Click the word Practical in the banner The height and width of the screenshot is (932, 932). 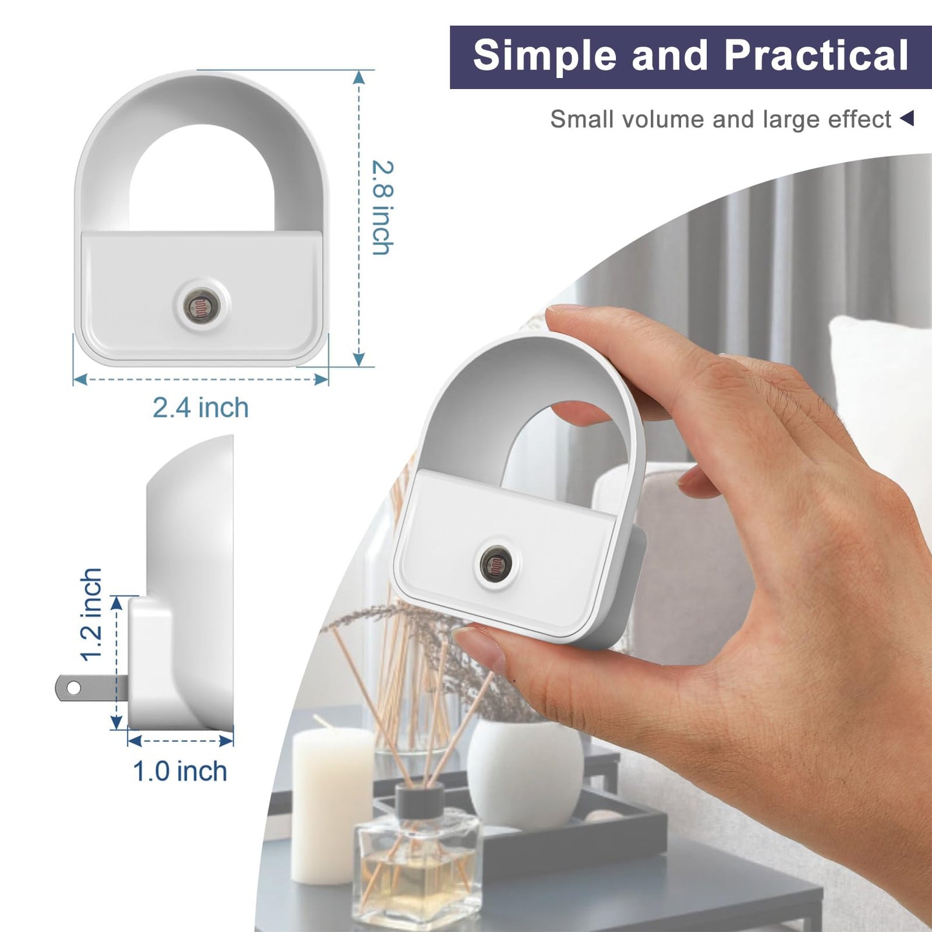point(817,55)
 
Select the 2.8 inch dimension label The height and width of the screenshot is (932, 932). point(382,207)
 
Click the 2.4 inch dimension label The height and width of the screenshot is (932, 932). point(201,407)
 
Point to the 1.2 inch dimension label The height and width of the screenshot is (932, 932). point(91,614)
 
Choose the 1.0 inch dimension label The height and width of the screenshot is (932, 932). point(180,771)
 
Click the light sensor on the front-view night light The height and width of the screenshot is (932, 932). point(202,306)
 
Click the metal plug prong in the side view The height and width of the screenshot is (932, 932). point(92,688)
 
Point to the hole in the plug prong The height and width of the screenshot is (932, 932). point(74,688)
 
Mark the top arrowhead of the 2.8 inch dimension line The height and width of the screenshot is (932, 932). point(359,77)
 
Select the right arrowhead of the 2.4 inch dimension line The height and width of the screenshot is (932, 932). point(321,379)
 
